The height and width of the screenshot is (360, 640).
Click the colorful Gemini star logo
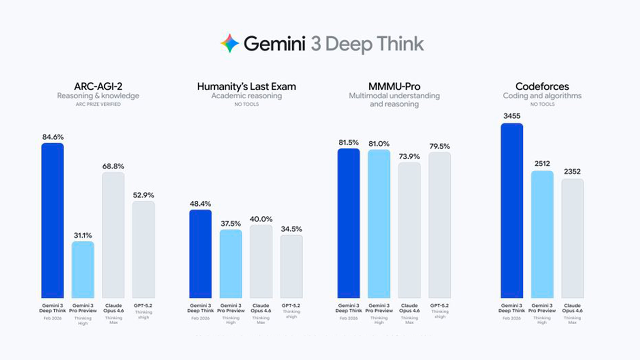coord(230,43)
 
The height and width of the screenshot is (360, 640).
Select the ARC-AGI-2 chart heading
coord(98,86)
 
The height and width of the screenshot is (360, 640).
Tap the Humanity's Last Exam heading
coord(246,86)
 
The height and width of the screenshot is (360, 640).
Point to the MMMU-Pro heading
coord(394,86)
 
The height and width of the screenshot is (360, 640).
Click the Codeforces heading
coord(542,86)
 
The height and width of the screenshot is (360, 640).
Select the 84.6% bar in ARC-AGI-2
coord(53,220)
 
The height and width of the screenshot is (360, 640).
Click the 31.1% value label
coord(82,235)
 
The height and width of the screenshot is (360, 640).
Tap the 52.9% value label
coord(143,195)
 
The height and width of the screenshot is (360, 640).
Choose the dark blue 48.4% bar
coord(200,254)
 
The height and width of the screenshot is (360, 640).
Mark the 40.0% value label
coord(261,219)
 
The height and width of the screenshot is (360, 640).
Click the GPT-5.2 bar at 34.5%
coord(291,266)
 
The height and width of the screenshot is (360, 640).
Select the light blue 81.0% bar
coord(379,223)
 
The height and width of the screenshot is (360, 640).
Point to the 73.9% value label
coord(409,156)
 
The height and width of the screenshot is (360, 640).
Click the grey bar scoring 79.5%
coord(440,224)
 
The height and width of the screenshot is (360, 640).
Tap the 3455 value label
coord(512,116)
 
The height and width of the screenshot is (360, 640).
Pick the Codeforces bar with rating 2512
coord(542,234)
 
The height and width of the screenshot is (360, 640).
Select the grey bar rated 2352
coord(573,238)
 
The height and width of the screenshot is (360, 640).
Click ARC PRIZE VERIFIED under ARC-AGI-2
coord(98,104)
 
